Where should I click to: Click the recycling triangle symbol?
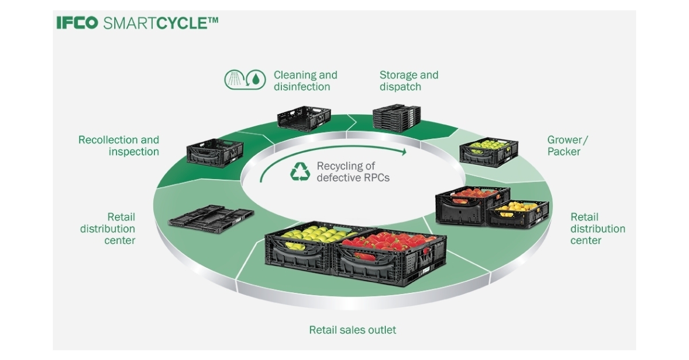click(x=300, y=172)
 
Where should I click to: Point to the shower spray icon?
click(x=235, y=80)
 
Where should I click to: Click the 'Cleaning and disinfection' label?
click(x=305, y=81)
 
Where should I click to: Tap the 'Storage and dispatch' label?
click(x=408, y=81)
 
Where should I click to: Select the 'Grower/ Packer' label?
click(x=567, y=146)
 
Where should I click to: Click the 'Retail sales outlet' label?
click(x=353, y=330)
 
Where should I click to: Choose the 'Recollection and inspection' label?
click(x=119, y=146)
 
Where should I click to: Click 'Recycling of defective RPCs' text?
click(x=353, y=172)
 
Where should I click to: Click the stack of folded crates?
click(x=397, y=117)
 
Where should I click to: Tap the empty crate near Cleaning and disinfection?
click(x=304, y=118)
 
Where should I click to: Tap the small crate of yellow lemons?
click(x=518, y=214)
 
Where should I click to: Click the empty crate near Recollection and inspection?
click(x=215, y=152)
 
